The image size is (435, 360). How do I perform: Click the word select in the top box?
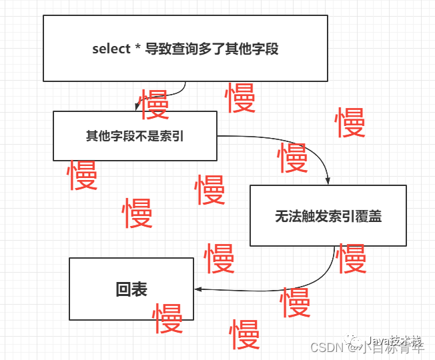point(111,49)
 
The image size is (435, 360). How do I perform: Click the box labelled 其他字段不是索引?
point(135,136)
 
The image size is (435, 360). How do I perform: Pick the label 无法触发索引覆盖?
point(328,216)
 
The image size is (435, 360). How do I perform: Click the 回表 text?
point(131,289)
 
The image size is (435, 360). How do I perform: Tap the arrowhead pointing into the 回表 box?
point(198,289)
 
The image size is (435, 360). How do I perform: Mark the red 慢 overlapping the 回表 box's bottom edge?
point(167,318)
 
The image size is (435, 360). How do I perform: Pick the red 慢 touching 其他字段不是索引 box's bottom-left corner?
point(83,175)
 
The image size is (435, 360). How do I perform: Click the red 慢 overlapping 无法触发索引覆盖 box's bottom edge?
point(351,258)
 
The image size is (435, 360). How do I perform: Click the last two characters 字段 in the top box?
point(266,49)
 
